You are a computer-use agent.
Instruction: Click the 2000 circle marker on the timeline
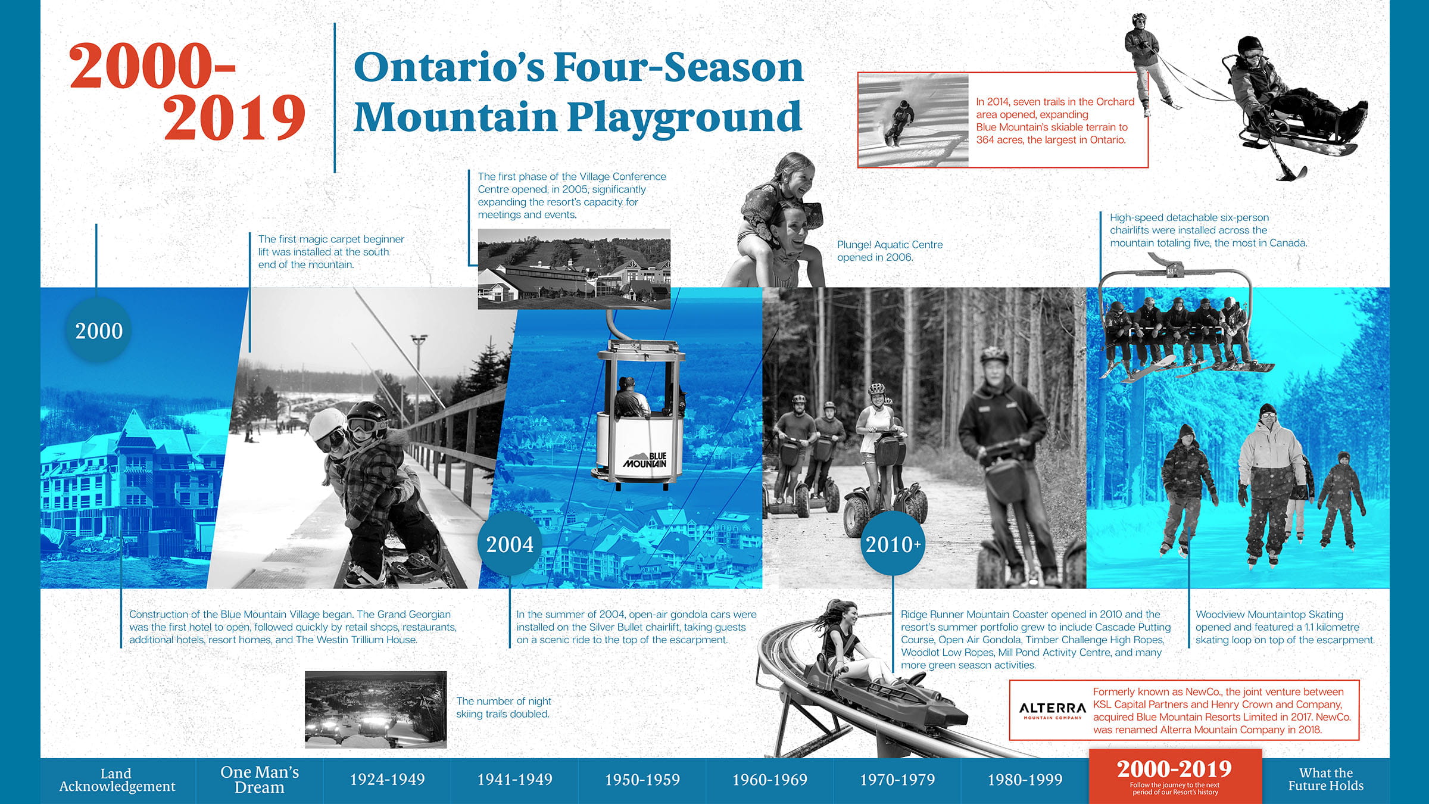tap(99, 331)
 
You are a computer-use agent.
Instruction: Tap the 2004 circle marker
tap(510, 544)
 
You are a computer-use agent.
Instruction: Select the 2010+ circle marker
tap(893, 544)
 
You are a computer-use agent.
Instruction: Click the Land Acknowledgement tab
tap(117, 780)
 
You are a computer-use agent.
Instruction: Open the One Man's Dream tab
tap(260, 780)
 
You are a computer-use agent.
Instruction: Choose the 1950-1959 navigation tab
tap(642, 780)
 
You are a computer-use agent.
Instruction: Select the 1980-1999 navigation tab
tap(1025, 780)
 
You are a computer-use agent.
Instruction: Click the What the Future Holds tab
tap(1326, 780)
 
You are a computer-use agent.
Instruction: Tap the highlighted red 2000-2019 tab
tap(1175, 776)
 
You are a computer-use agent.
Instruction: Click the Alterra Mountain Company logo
tap(1052, 710)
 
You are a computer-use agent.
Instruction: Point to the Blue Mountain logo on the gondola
tap(645, 460)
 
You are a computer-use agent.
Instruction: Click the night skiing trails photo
tap(376, 709)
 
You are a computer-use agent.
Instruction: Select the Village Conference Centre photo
tap(574, 269)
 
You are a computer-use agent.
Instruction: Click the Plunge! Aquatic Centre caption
tap(890, 251)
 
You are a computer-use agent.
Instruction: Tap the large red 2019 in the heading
tap(235, 117)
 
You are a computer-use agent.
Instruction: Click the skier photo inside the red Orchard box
tap(913, 120)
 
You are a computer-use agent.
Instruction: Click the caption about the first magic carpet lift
tap(331, 252)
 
